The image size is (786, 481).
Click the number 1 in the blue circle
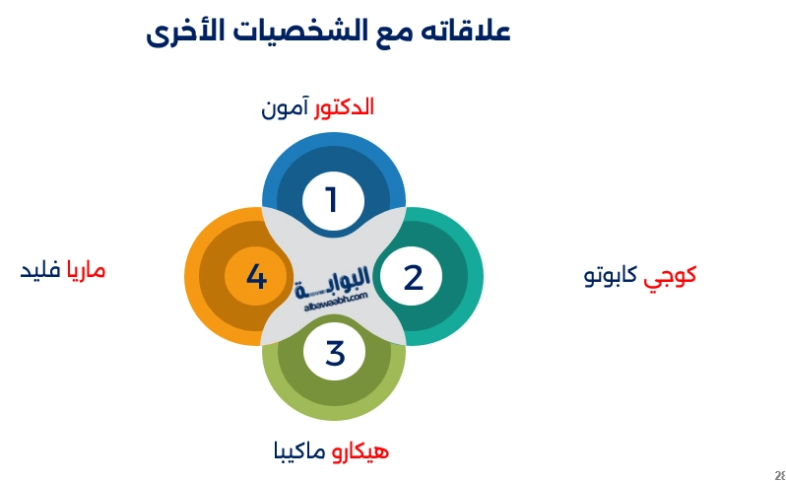tap(332, 201)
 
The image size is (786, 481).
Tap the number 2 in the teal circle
tap(413, 278)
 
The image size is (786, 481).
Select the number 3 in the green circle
tap(335, 353)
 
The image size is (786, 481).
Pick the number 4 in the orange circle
tap(256, 277)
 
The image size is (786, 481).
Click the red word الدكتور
tap(344, 107)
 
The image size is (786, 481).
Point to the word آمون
tap(286, 107)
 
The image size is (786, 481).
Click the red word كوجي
tap(671, 275)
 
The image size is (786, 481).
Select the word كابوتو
tap(612, 275)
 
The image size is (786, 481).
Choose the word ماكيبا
tap(299, 451)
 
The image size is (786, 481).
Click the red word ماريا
tap(86, 270)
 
